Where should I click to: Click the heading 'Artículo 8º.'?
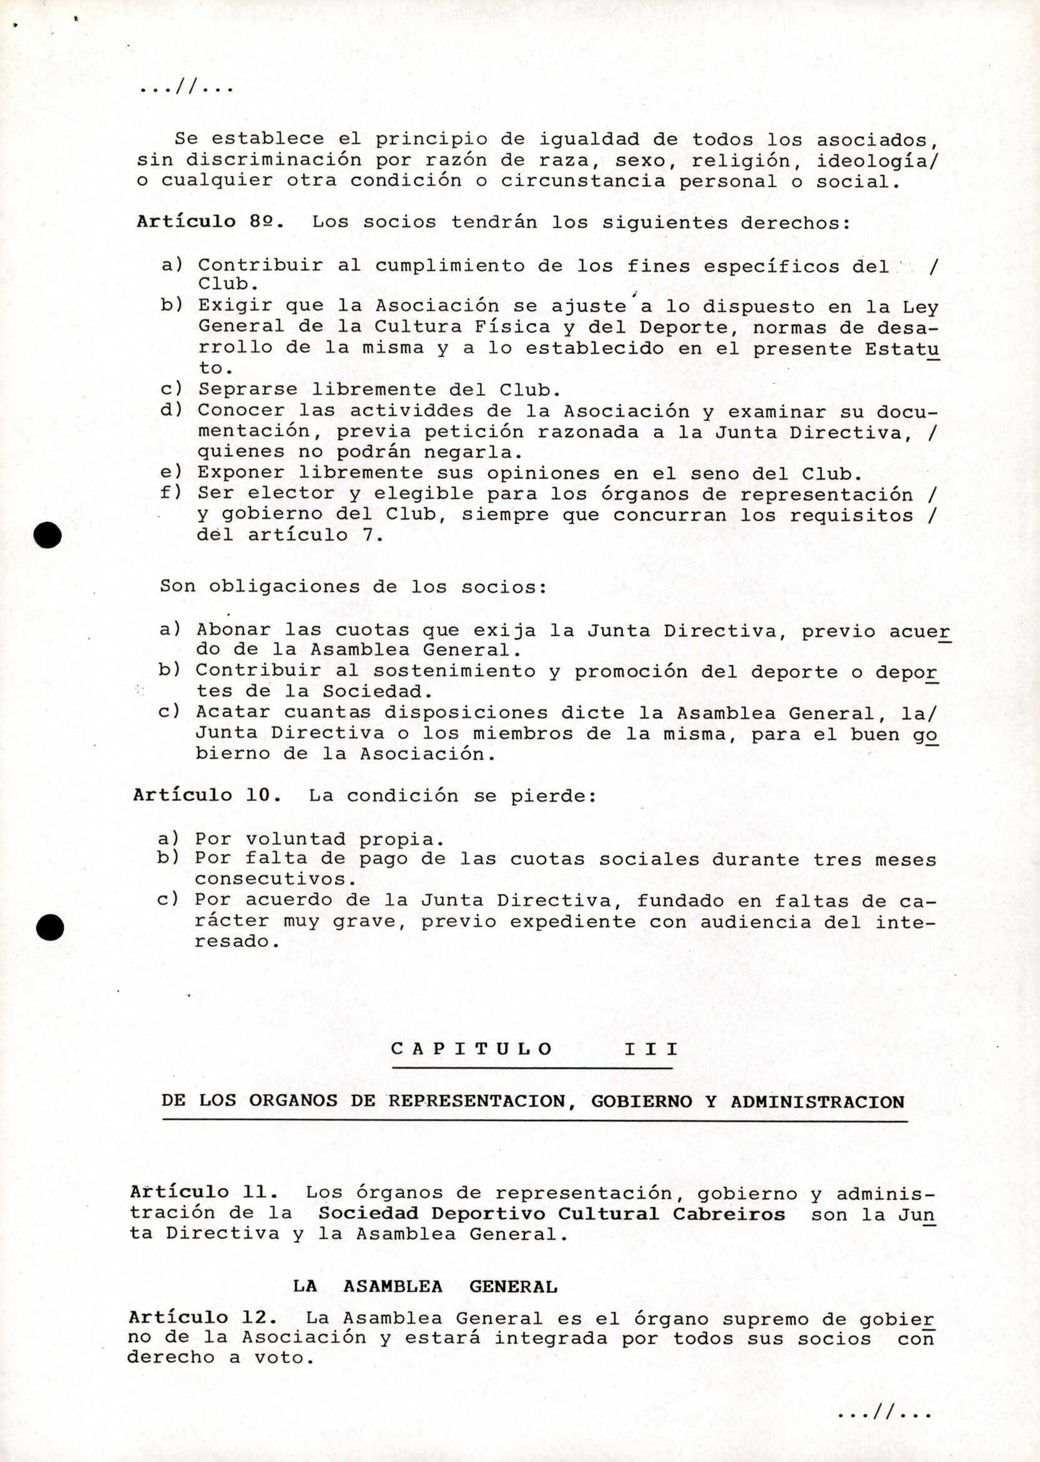tap(210, 222)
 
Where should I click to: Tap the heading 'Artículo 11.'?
tap(204, 1192)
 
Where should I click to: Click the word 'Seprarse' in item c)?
tap(247, 390)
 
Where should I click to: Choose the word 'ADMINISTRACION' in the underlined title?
tap(817, 1101)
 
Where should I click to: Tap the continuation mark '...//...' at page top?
tap(186, 88)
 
